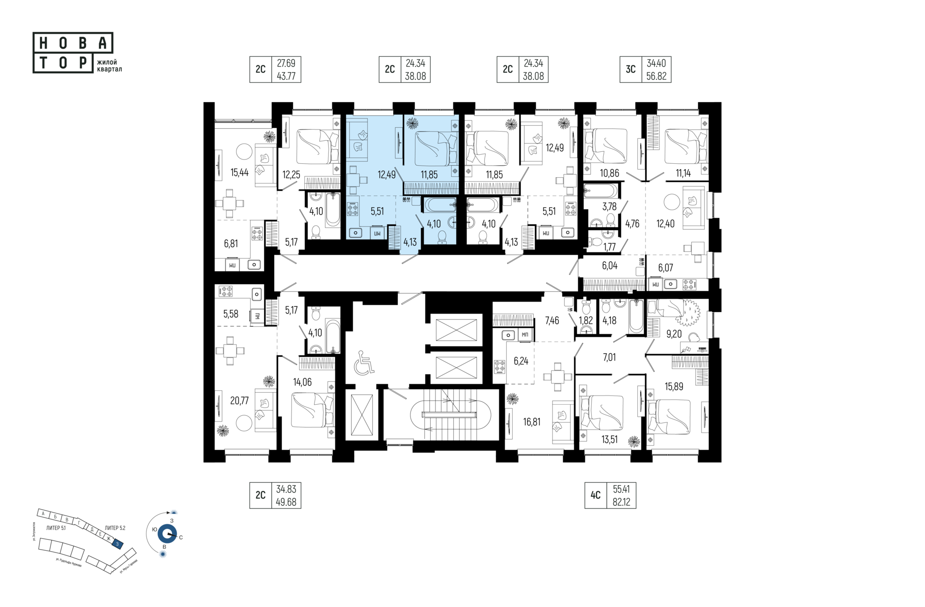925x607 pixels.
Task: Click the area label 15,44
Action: (239, 172)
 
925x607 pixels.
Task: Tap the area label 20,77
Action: (239, 400)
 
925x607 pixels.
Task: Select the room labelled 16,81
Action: (531, 422)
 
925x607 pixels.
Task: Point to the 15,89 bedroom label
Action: (674, 386)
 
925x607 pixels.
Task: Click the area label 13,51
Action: (609, 439)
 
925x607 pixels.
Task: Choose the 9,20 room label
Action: (674, 334)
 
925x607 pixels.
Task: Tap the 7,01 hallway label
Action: (609, 357)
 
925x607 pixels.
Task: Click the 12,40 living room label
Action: (665, 224)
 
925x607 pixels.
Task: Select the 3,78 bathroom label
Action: (609, 207)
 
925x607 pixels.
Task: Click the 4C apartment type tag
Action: (595, 495)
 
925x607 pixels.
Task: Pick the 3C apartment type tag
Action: (631, 69)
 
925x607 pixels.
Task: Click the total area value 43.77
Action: (286, 76)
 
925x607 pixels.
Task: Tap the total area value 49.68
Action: (286, 502)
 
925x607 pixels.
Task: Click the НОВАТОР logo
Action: (73, 53)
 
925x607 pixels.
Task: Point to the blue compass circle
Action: (167, 534)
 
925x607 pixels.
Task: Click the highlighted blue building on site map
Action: (117, 544)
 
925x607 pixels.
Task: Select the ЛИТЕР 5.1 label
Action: (56, 528)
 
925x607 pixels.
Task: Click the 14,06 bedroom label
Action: (302, 383)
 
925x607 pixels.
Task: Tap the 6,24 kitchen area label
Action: (521, 361)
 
